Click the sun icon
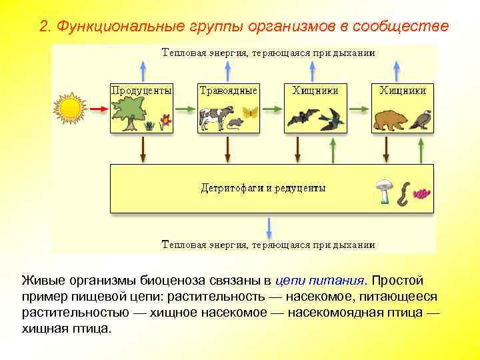pyautogui.click(x=70, y=107)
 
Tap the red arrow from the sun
pyautogui.click(x=99, y=108)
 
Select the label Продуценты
pyautogui.click(x=141, y=90)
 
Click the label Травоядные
pyautogui.click(x=228, y=90)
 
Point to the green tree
pyautogui.click(x=128, y=112)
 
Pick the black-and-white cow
pyautogui.click(x=215, y=118)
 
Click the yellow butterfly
pyautogui.click(x=250, y=113)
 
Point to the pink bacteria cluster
pyautogui.click(x=421, y=194)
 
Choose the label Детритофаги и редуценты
pyautogui.click(x=263, y=188)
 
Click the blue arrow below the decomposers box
pyautogui.click(x=269, y=227)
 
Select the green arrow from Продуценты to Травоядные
pyautogui.click(x=185, y=109)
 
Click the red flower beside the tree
pyautogui.click(x=165, y=121)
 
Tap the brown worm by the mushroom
pyautogui.click(x=403, y=194)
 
